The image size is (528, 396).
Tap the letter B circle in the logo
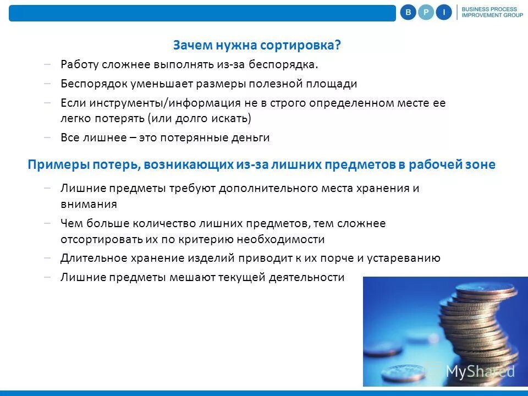coord(408,12)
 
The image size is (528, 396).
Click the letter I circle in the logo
coord(444,12)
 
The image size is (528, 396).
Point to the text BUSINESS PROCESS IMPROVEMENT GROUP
coord(489,12)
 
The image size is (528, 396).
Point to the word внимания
coord(89,204)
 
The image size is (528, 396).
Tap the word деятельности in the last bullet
coord(306,277)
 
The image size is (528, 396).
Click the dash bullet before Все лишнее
coord(48,137)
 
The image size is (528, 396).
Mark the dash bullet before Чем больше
coord(48,223)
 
